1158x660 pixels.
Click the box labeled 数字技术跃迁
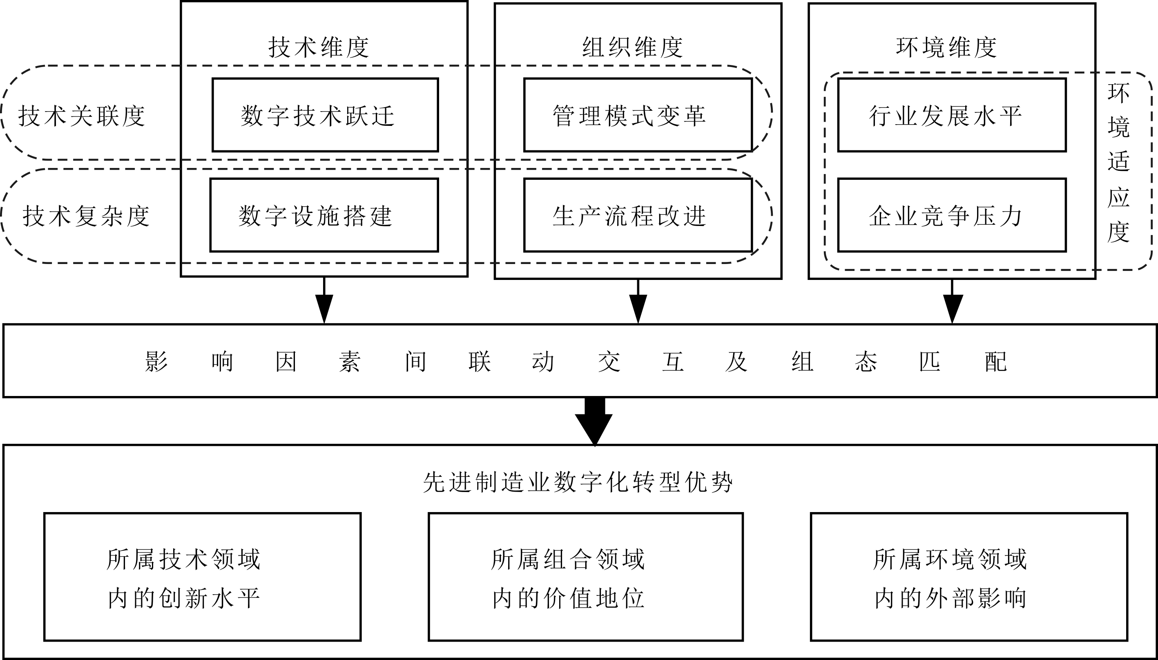point(325,115)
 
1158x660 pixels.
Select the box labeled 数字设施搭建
point(324,215)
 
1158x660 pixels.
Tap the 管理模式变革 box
point(638,115)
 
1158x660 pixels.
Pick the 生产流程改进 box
point(638,215)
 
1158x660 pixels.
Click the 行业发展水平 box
point(951,115)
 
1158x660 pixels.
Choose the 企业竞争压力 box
point(951,215)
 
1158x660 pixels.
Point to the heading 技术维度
point(319,47)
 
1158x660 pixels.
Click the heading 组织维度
point(632,47)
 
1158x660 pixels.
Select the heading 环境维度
point(946,47)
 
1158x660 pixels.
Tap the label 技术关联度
point(82,116)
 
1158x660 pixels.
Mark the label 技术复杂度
point(86,216)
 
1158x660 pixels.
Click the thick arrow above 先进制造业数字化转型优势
point(594,422)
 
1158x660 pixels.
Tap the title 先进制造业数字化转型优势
point(578,482)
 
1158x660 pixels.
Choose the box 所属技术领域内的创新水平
point(202,577)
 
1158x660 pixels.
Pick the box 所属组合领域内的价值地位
point(585,577)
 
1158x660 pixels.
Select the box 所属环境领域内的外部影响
point(968,577)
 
